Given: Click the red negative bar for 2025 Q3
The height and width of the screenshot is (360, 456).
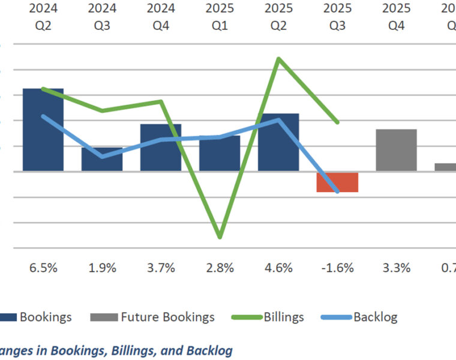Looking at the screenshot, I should point(337,182).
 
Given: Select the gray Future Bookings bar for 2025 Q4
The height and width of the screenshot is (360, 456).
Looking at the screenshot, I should point(396,150).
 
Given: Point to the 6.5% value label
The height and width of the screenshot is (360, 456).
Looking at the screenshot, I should point(43,268).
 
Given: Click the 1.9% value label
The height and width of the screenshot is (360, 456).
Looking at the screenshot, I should point(102,268).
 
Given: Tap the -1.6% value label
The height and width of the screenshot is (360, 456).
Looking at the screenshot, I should point(337,268).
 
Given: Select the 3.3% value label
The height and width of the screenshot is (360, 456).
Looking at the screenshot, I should point(396,268).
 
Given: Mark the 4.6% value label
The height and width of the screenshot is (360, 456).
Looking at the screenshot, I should point(278,268).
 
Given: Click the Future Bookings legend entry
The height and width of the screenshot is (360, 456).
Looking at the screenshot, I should point(152,317).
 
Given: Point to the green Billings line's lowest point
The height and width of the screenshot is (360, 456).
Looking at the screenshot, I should point(220,237).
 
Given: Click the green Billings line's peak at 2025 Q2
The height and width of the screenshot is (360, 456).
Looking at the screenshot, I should point(278,58).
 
